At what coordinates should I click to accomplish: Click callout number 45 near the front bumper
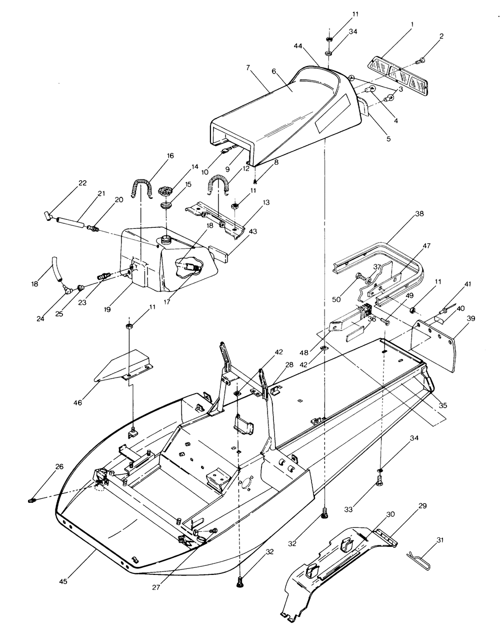[x=63, y=581]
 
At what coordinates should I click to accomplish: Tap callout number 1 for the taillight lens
[x=412, y=24]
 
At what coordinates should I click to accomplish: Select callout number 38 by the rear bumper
[x=419, y=214]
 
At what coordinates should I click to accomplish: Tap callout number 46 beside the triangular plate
[x=77, y=403]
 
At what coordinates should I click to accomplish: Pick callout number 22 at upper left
[x=82, y=183]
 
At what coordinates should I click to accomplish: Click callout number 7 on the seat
[x=247, y=68]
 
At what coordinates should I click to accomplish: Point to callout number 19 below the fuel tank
[x=107, y=309]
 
